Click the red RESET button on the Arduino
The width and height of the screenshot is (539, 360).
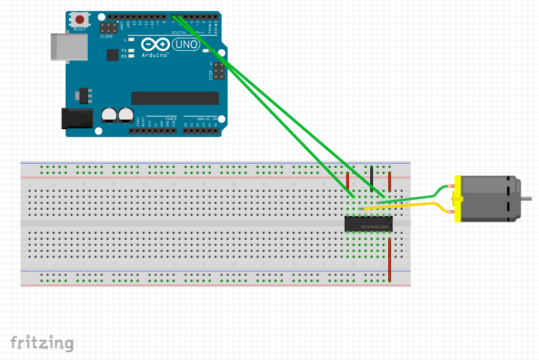click(x=80, y=20)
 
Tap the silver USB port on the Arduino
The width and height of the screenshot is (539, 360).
click(x=69, y=47)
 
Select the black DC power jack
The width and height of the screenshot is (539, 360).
click(x=76, y=118)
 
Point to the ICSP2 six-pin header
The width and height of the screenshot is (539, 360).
click(x=109, y=28)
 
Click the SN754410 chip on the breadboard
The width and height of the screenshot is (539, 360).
click(x=368, y=224)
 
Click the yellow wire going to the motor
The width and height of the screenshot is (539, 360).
click(x=410, y=205)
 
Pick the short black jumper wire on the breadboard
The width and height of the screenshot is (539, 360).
click(x=372, y=178)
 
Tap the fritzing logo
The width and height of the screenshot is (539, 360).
click(x=42, y=343)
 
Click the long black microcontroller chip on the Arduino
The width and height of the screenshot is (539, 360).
click(x=175, y=98)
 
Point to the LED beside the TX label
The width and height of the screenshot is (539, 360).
click(x=131, y=50)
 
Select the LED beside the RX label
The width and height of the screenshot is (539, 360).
click(x=131, y=56)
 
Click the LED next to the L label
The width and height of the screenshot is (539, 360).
click(x=131, y=39)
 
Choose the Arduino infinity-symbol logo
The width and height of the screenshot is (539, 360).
click(x=154, y=45)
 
